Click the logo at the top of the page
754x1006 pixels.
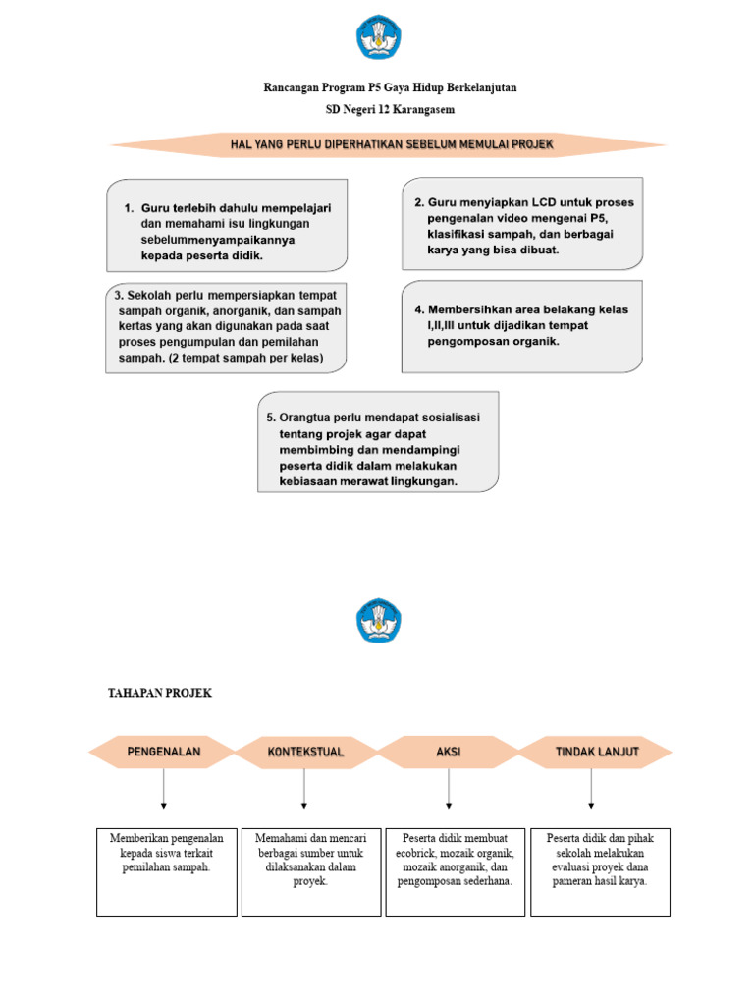coord(377,37)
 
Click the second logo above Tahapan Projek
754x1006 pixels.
coord(377,622)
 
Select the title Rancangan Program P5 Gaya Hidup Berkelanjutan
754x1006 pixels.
coord(390,88)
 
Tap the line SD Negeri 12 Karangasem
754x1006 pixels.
coord(390,109)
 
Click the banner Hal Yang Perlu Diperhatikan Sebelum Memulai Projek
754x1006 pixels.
coord(391,144)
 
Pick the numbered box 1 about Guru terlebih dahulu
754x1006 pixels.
coord(227,225)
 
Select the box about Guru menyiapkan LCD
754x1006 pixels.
coord(523,223)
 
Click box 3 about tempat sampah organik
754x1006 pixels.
coord(227,328)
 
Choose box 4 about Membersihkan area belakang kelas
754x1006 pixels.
coord(522,326)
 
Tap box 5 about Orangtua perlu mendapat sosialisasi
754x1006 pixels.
coord(378,441)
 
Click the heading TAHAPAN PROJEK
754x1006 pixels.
coord(159,694)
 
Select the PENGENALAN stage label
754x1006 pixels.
coord(163,752)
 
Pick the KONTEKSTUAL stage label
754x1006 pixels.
coord(305,752)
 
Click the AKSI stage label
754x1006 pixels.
coord(448,752)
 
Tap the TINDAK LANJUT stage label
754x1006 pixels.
coord(595,752)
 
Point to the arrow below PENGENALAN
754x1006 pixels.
coord(163,788)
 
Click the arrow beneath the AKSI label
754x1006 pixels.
coord(448,788)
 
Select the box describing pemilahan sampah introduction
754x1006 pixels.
coord(167,871)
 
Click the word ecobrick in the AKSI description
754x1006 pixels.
coord(422,853)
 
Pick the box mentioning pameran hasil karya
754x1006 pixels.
coord(601,871)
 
